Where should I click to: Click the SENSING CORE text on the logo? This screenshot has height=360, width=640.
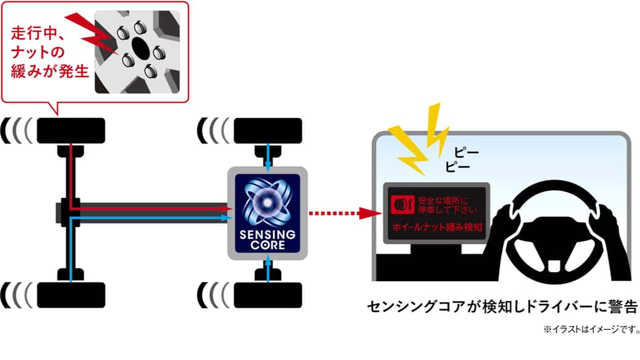click(268, 241)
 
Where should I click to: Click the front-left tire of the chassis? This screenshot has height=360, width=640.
click(71, 129)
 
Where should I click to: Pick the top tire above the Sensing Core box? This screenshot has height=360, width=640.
click(268, 129)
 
